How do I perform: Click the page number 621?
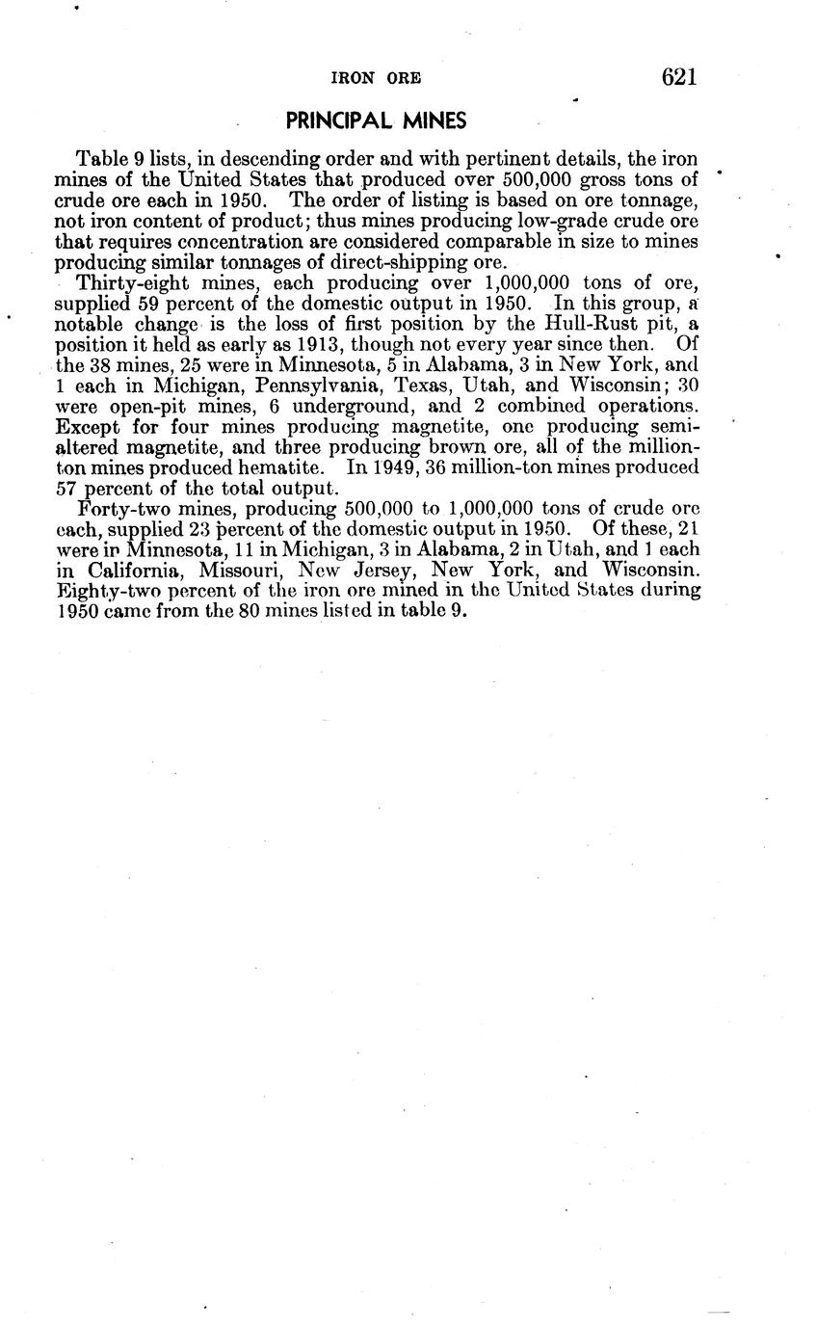[x=678, y=77]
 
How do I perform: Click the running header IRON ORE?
[x=376, y=79]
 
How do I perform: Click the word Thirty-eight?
[x=127, y=283]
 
